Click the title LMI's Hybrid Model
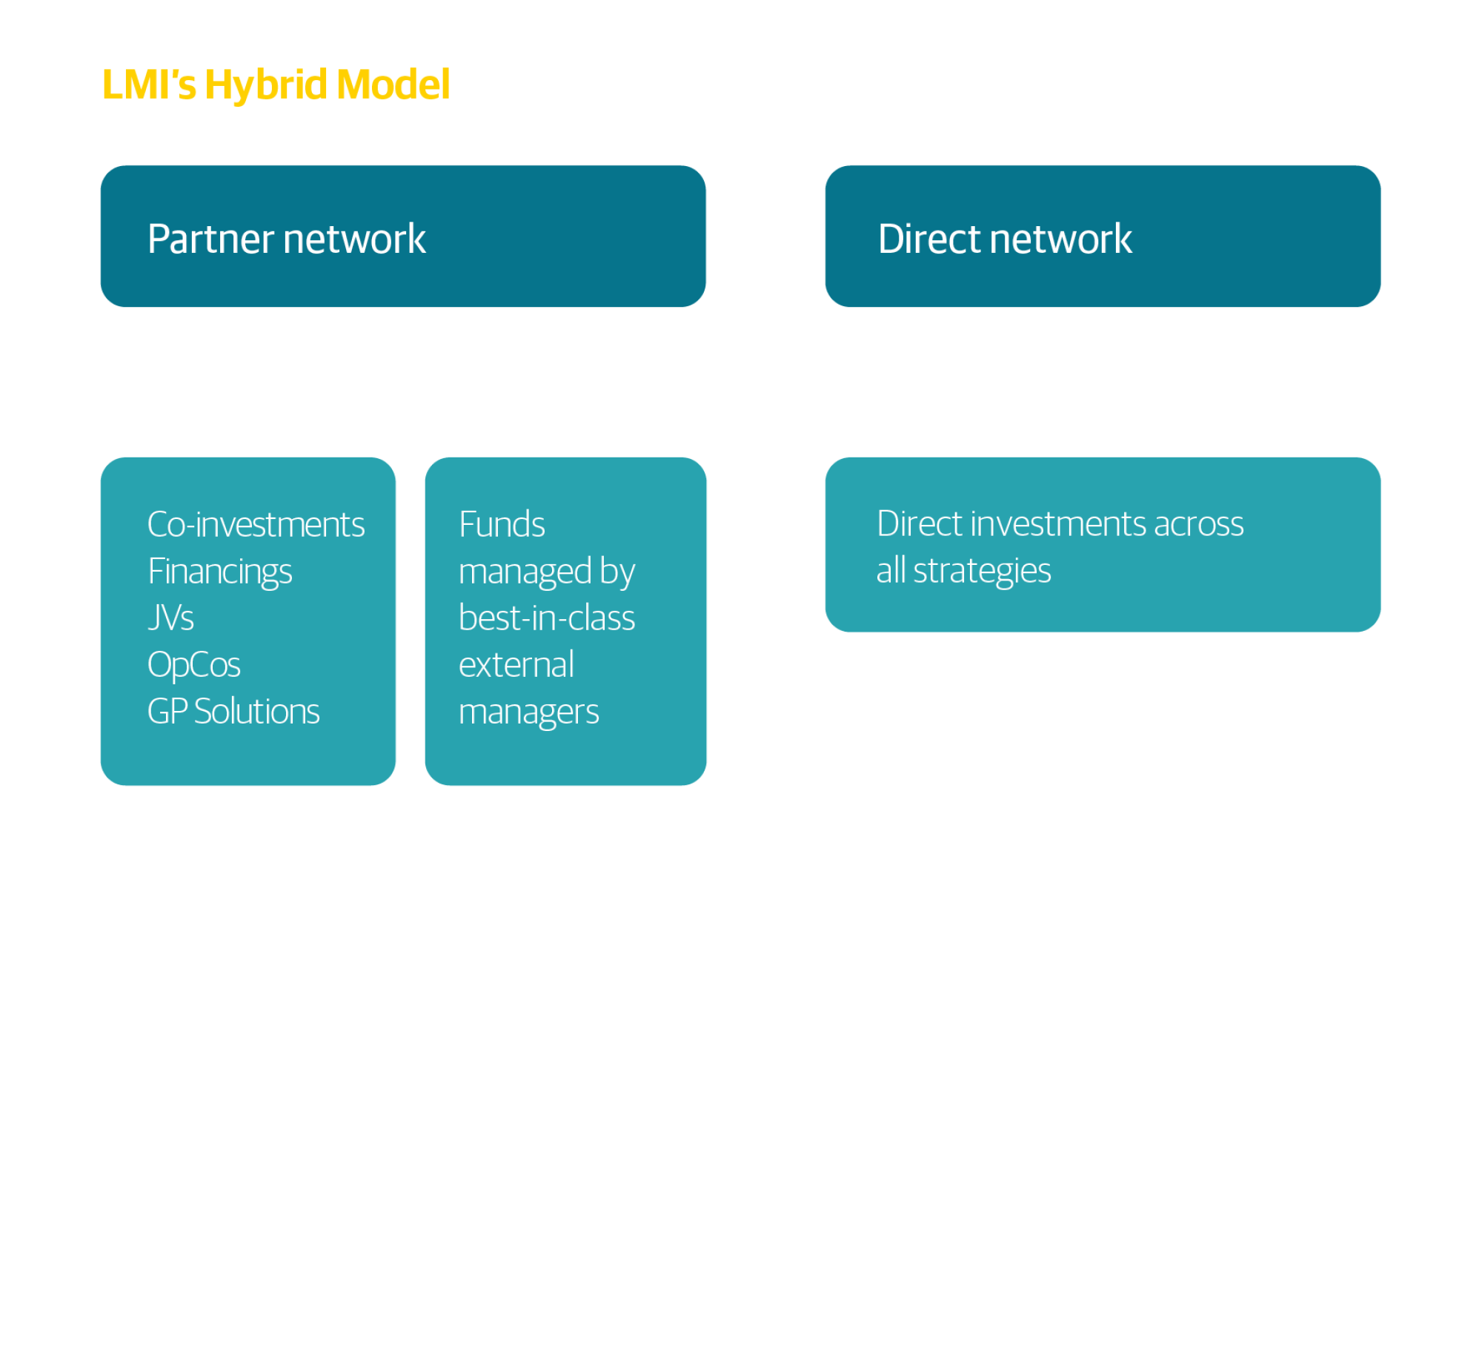(276, 85)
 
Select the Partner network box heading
(286, 239)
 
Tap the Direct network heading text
(1005, 239)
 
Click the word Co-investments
(256, 525)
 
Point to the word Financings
(219, 572)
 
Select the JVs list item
(170, 618)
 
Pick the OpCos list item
(193, 665)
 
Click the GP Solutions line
(233, 712)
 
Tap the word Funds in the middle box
(502, 525)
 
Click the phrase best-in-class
(546, 618)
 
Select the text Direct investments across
(1060, 524)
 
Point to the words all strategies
(963, 571)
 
